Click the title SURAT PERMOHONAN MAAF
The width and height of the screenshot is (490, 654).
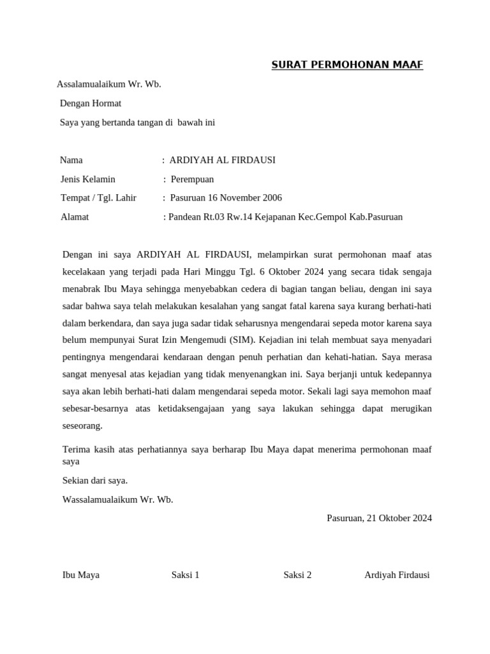click(x=347, y=65)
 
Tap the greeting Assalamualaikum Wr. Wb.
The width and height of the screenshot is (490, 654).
click(x=108, y=84)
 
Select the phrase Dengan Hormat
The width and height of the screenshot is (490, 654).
click(x=90, y=103)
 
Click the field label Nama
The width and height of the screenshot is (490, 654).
click(x=71, y=160)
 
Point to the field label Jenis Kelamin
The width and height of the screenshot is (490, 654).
click(x=87, y=179)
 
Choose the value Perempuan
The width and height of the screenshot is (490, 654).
click(x=192, y=179)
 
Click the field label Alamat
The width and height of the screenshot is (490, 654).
click(x=74, y=217)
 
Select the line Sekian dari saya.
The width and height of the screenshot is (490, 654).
click(x=95, y=480)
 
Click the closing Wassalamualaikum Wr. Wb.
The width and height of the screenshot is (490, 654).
click(x=117, y=499)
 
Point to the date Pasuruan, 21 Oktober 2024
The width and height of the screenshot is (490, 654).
click(x=379, y=518)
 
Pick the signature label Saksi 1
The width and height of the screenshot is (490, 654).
click(x=186, y=574)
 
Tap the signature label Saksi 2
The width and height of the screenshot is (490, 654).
click(x=297, y=574)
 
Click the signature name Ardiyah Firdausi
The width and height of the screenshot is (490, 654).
click(x=397, y=574)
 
